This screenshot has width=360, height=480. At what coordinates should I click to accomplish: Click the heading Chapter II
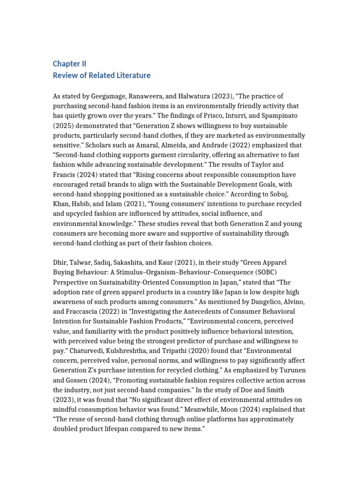pyautogui.click(x=69, y=64)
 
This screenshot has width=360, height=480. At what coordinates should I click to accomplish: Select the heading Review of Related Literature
pyautogui.click(x=101, y=75)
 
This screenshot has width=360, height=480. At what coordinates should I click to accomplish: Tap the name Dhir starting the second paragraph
pyautogui.click(x=61, y=262)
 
